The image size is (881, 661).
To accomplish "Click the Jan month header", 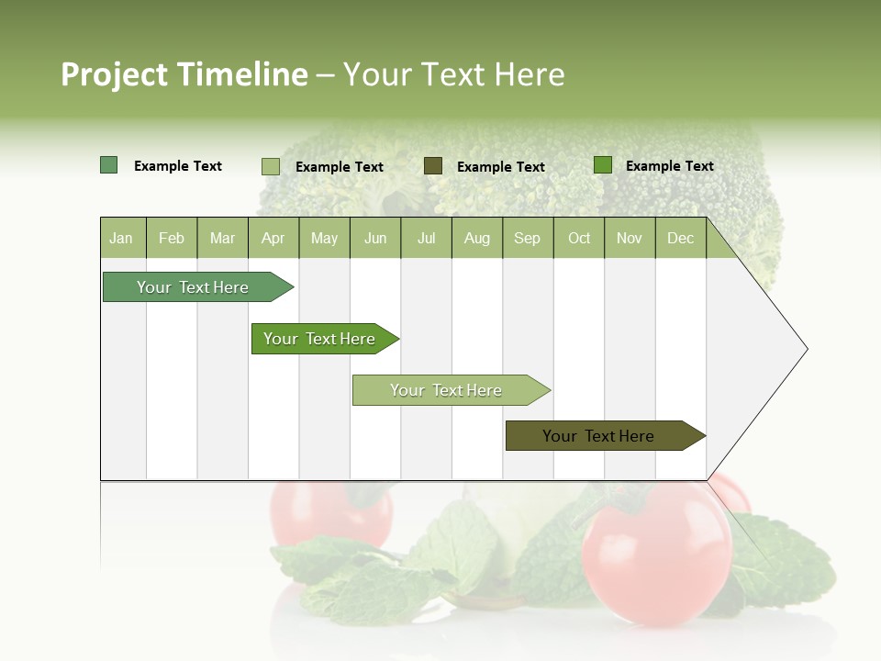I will click(x=121, y=238).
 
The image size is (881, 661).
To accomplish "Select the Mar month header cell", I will click(x=222, y=238).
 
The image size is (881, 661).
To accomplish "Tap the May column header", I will click(x=324, y=238).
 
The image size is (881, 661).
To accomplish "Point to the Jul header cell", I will click(x=426, y=238).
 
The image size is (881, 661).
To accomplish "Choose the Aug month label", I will click(x=476, y=238).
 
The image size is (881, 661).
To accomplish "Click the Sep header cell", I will click(x=527, y=238).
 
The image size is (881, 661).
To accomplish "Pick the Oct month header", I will click(x=578, y=238).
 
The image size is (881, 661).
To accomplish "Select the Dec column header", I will click(x=680, y=238).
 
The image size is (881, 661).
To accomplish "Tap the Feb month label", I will click(x=172, y=238).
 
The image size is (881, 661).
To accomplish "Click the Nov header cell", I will click(x=629, y=238).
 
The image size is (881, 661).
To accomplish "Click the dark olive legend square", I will click(x=433, y=165).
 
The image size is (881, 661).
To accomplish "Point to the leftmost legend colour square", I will click(x=108, y=165).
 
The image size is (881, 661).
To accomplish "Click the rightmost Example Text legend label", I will click(x=669, y=166).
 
